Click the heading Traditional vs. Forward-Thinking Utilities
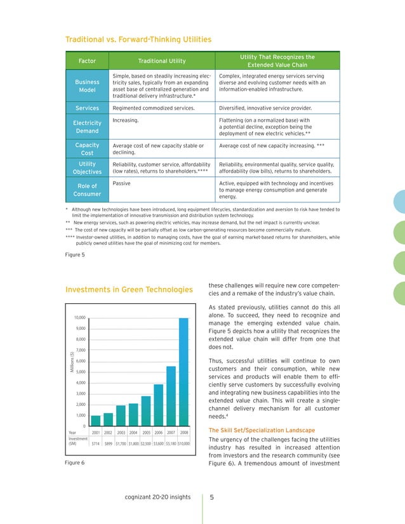coord(138,40)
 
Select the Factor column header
coord(87,61)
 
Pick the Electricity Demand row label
coord(87,126)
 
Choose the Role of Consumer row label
coord(87,190)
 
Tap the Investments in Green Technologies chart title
coord(129,290)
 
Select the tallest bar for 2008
coord(183,371)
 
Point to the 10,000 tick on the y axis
coord(79,317)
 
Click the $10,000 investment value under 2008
coord(183,443)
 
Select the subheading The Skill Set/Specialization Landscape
coord(262,431)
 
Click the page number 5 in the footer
coord(213,497)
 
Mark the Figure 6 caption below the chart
coord(75,462)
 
